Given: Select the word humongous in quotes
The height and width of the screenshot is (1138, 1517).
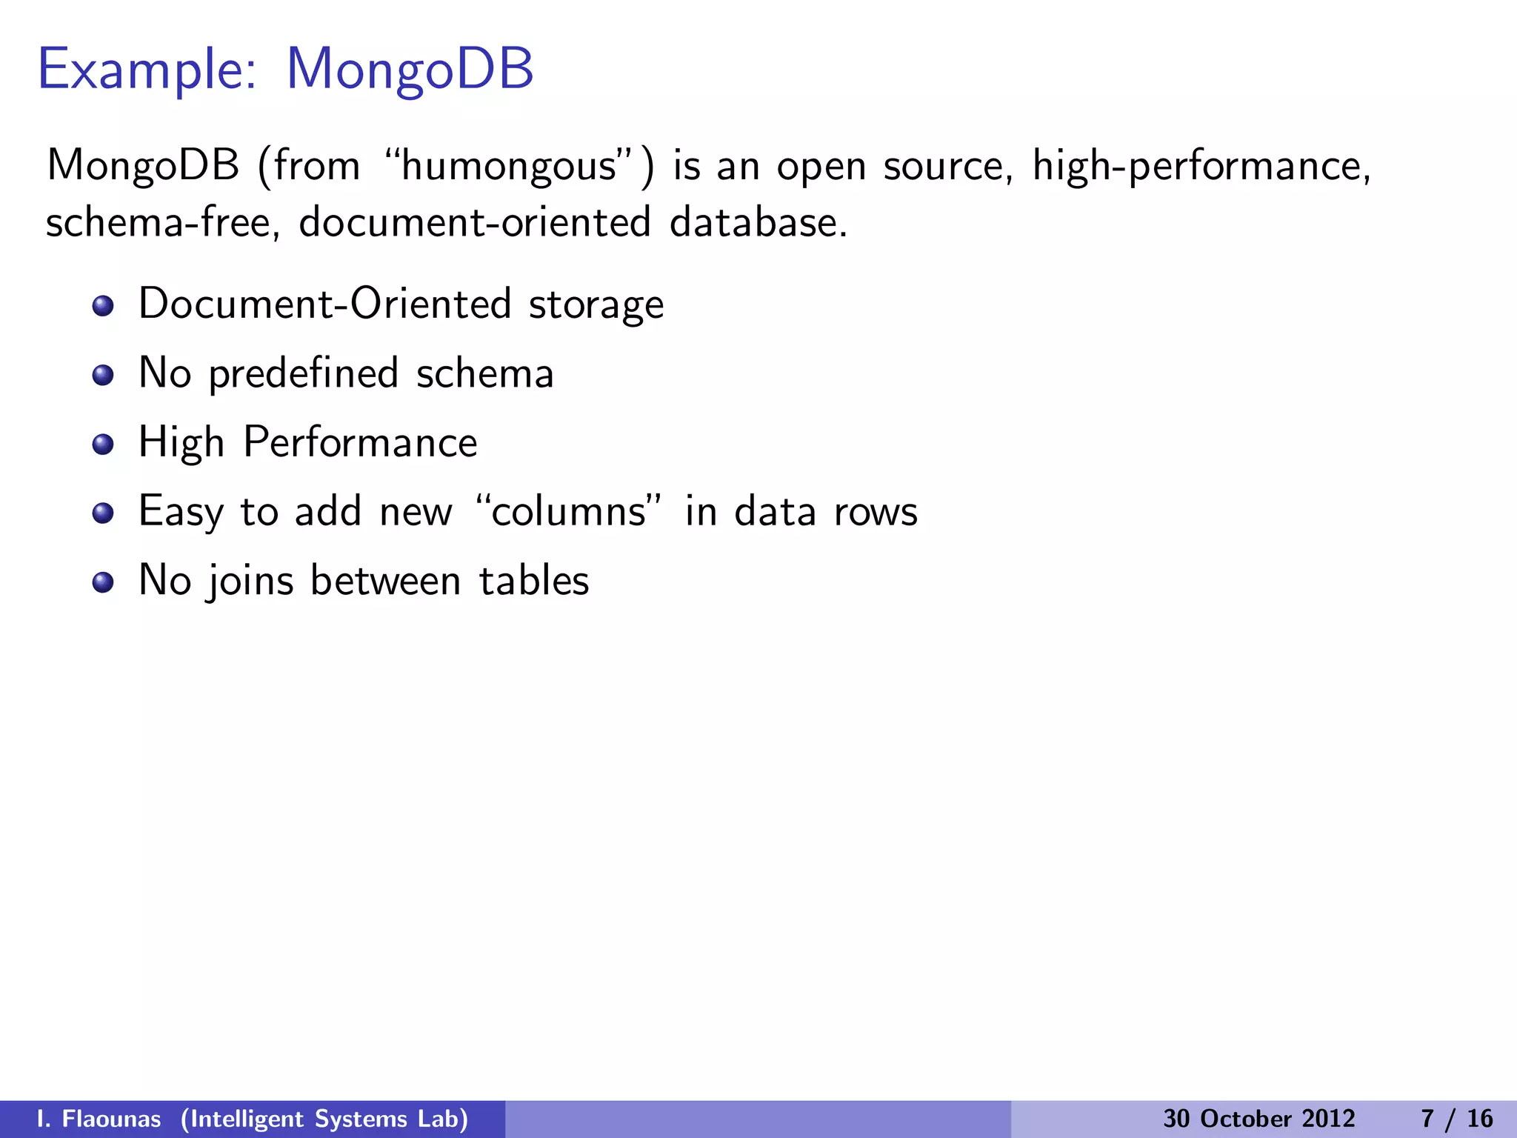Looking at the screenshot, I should click(x=509, y=166).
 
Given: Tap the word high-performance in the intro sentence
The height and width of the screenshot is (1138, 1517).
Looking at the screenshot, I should click(x=1201, y=166).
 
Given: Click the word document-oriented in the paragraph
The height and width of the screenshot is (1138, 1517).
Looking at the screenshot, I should click(x=475, y=222).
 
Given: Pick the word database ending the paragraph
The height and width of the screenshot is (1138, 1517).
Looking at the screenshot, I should click(x=758, y=222).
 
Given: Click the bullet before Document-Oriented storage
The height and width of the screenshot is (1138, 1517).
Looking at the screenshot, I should click(x=103, y=306).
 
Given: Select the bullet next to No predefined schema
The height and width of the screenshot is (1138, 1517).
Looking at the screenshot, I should click(x=103, y=375).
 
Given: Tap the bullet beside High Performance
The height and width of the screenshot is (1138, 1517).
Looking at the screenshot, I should click(x=103, y=444).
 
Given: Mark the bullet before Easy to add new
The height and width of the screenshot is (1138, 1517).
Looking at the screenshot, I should click(x=103, y=513).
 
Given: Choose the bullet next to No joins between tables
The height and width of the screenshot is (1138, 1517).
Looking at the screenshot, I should click(x=103, y=582).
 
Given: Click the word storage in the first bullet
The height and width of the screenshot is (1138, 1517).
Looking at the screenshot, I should click(x=596, y=305).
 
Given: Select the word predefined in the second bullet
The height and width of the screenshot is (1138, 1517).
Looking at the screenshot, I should click(x=304, y=373).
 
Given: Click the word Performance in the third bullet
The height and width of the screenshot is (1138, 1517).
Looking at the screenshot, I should click(x=361, y=442).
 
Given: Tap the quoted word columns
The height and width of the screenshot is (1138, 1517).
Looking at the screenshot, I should click(x=568, y=512).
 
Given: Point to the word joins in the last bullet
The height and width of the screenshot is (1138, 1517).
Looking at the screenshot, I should click(x=250, y=581).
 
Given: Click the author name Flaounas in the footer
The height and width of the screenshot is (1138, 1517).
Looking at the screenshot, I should click(x=111, y=1119).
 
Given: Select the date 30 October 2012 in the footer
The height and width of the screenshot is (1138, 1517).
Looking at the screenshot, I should click(x=1259, y=1119).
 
